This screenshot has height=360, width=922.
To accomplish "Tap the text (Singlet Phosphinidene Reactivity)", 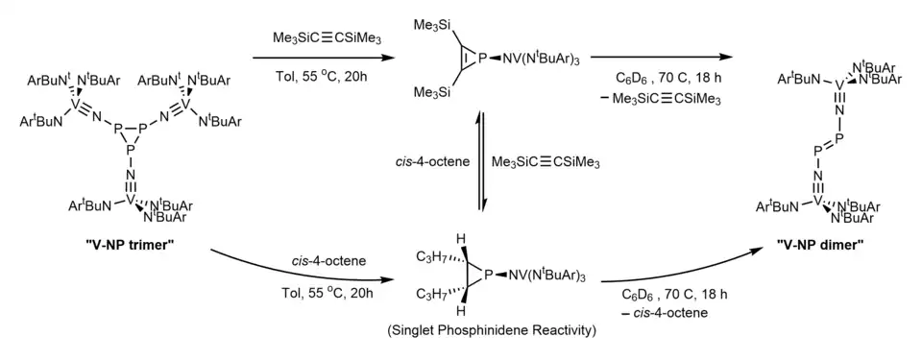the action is coord(492,330).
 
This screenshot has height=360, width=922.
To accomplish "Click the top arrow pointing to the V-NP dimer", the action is coord(662,57).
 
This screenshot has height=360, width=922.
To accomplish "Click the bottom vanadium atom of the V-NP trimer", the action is coord(132,202).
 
